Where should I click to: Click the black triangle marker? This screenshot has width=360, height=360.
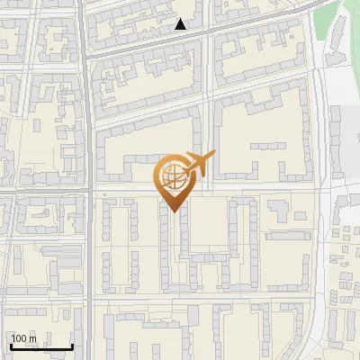(181, 24)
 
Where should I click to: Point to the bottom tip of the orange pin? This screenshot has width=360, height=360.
(173, 211)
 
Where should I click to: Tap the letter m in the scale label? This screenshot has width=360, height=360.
(33, 338)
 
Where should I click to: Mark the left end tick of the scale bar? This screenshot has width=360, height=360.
(11, 346)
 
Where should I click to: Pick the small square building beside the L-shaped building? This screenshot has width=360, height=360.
(301, 216)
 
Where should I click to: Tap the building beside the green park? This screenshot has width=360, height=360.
(346, 126)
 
